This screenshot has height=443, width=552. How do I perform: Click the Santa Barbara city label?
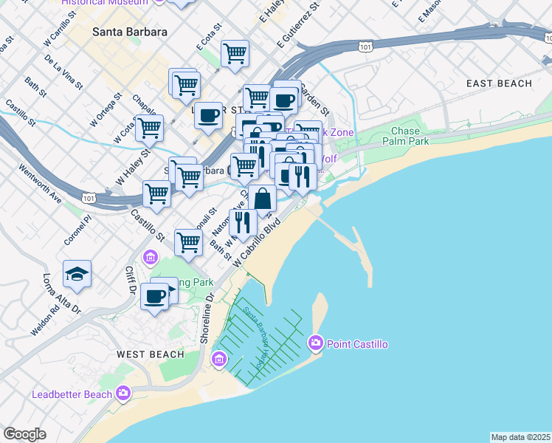point(130,32)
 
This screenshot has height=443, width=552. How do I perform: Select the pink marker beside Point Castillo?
point(316,343)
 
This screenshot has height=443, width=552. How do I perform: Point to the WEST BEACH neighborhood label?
point(150,354)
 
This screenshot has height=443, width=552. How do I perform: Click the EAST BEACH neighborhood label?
point(499,83)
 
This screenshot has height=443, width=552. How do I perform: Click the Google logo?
point(24,434)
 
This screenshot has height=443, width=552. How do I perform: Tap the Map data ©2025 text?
point(520,437)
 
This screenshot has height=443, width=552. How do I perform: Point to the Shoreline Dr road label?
point(207,317)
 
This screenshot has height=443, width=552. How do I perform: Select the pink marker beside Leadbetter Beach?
point(123,394)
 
